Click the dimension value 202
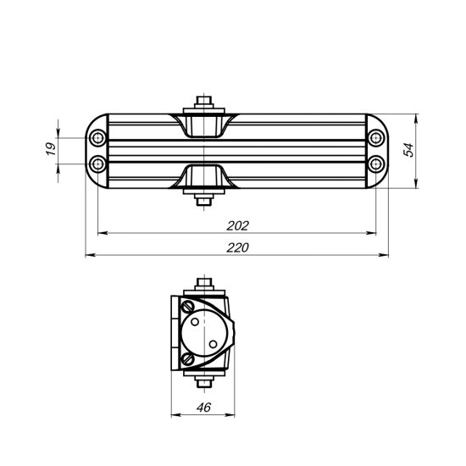(238, 225)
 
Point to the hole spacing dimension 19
(50, 149)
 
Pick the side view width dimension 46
(202, 406)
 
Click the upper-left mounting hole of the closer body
(99, 137)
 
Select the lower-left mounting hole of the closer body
(99, 162)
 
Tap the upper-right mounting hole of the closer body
(375, 137)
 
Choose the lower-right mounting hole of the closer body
(375, 162)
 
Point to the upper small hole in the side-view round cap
(196, 322)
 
